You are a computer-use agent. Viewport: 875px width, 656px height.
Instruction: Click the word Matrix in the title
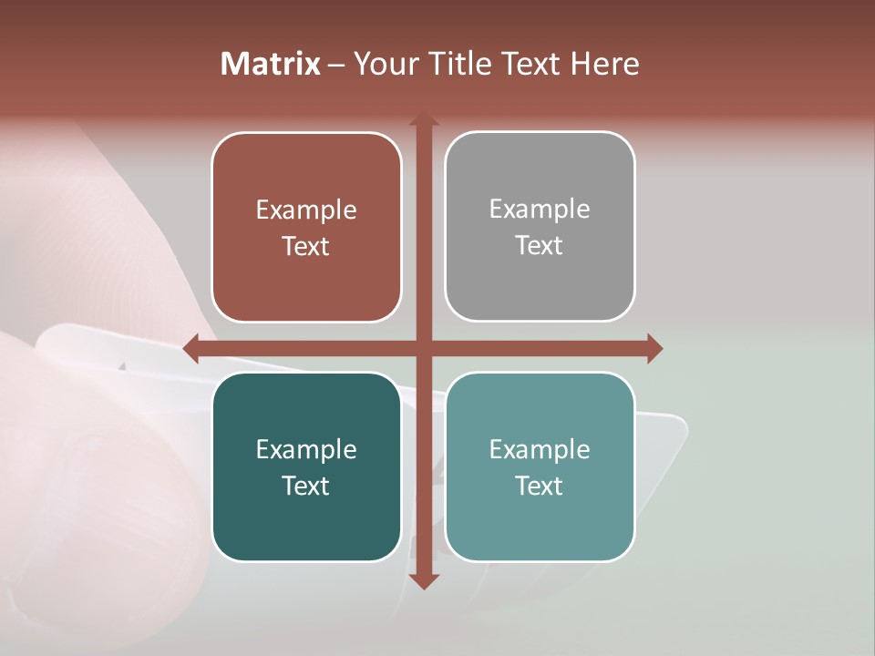271,64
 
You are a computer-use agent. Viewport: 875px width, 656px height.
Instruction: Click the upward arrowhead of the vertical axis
424,119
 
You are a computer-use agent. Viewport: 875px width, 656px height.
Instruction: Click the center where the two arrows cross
424,348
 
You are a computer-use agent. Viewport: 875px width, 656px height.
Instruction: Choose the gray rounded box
540,282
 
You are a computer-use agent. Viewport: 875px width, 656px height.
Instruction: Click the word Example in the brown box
306,210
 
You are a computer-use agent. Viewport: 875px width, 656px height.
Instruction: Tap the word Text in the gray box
540,246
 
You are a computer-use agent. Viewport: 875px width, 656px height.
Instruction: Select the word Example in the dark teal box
306,450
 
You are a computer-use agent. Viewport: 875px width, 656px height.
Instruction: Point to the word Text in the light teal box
540,486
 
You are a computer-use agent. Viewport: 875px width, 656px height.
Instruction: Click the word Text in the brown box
306,247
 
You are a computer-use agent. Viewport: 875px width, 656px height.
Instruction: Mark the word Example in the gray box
540,210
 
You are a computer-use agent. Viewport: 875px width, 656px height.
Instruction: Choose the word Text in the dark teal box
306,486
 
